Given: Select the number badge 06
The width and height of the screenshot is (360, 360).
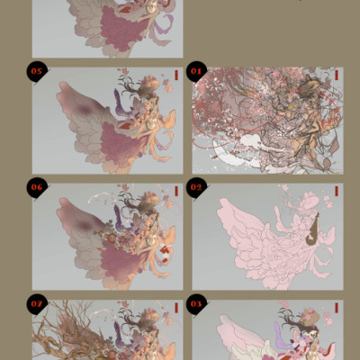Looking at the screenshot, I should point(37,187).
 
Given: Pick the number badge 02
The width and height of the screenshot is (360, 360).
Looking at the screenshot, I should point(196,187).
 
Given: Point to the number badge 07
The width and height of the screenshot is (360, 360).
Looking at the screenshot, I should point(37,302).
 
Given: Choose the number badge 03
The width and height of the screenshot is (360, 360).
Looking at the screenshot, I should point(196,302).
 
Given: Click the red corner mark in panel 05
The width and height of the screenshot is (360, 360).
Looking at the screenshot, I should point(176,76).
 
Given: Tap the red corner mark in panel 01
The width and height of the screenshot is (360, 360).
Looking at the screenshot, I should point(336,76).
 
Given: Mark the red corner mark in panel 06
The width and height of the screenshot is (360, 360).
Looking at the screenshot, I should point(176,192).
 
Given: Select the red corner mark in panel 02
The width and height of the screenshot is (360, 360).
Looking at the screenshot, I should point(336,192).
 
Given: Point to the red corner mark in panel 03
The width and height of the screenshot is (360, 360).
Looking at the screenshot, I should point(336,308).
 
